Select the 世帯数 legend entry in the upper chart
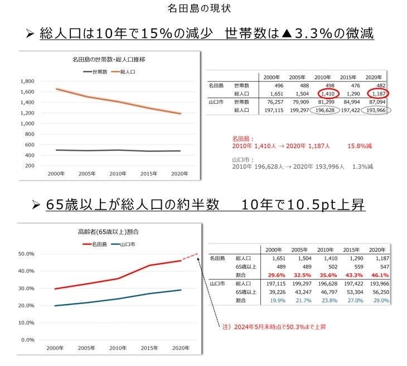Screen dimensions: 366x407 95,72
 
